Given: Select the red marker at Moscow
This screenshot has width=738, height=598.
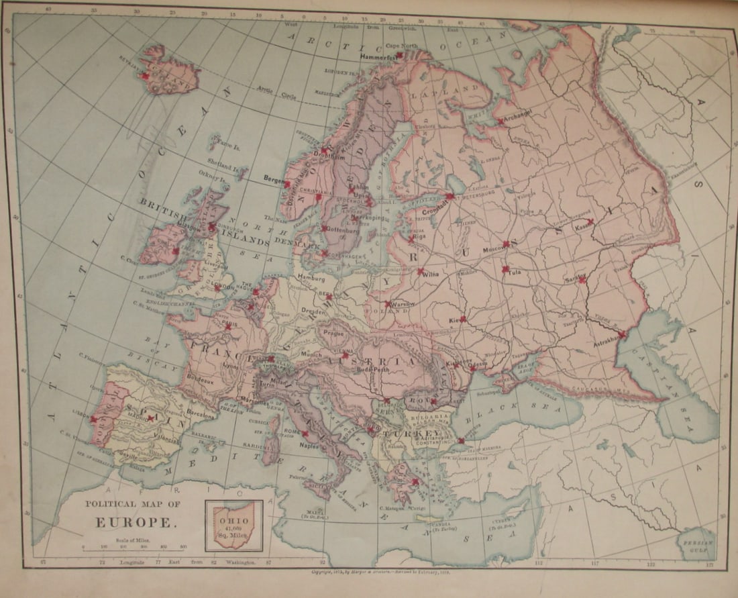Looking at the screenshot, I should pyautogui.click(x=506, y=244).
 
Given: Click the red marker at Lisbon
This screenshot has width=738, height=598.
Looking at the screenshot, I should pyautogui.click(x=93, y=418).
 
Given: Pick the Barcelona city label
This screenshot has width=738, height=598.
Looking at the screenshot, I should pyautogui.click(x=201, y=415).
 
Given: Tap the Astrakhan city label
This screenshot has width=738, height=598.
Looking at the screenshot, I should pyautogui.click(x=604, y=342).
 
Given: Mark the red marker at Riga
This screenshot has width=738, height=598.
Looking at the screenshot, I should pyautogui.click(x=411, y=238).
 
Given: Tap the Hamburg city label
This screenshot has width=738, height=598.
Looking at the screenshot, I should pyautogui.click(x=311, y=277).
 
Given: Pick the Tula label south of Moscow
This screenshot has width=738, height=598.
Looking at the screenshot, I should pyautogui.click(x=515, y=272).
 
